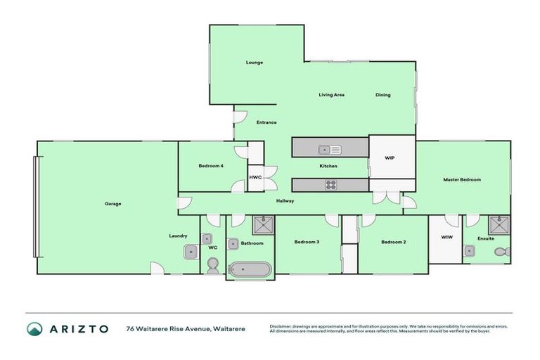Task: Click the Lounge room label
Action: point(255,63)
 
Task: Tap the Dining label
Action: point(382,95)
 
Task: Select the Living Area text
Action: point(331,95)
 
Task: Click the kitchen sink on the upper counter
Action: point(329,149)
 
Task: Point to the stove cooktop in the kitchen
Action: point(330,185)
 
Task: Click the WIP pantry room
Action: point(390,158)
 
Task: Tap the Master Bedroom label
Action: point(462,180)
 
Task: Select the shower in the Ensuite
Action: point(499,225)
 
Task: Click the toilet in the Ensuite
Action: point(501,252)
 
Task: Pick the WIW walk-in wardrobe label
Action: point(446,238)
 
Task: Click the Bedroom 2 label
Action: point(394,243)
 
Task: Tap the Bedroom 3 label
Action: point(307,243)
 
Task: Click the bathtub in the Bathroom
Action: point(250,269)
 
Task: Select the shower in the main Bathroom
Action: point(264,225)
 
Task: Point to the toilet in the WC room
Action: point(212,265)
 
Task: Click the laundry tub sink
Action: point(190,251)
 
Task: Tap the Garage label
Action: point(113,204)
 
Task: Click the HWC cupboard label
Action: point(255,177)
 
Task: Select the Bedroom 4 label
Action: point(211,166)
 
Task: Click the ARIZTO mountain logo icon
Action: point(34,328)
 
